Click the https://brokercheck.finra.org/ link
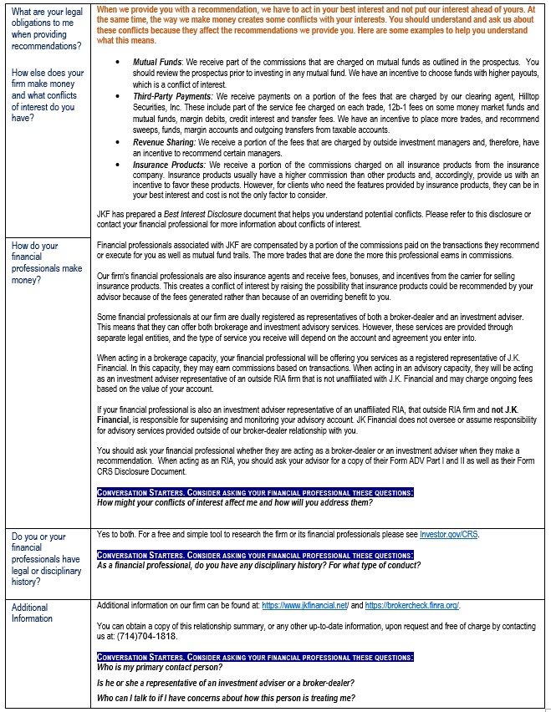pos(412,605)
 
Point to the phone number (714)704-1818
pos(143,635)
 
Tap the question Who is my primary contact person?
pos(160,667)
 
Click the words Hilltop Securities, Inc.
pos(513,97)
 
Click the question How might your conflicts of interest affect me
pos(234,502)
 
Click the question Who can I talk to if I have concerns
pos(226,698)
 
